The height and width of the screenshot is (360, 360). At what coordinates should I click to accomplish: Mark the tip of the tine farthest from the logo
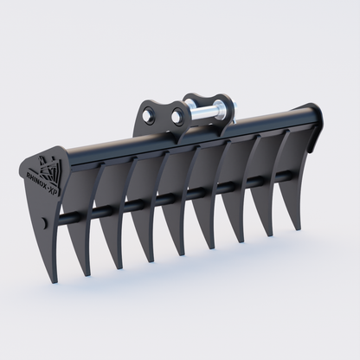[x=298, y=228]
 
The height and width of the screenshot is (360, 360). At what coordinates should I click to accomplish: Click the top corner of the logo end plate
[x=61, y=146]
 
